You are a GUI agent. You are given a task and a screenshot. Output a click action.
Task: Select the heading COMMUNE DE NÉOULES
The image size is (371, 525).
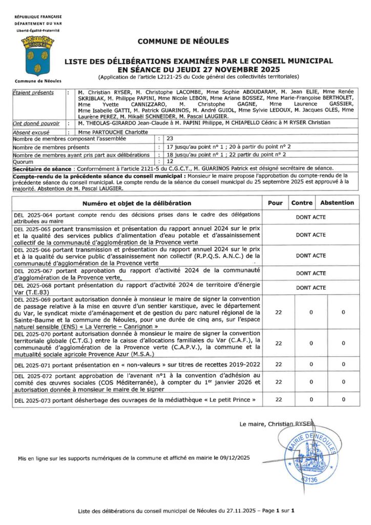click(x=183, y=41)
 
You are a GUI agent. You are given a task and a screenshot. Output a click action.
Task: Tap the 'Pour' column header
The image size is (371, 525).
click(x=275, y=203)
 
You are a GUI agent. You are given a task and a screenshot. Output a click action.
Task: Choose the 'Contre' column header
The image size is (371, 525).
click(x=302, y=203)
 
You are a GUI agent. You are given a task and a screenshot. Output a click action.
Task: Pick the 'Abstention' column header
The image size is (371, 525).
click(x=337, y=203)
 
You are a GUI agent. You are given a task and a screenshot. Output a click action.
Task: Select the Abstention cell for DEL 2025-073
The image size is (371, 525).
click(x=343, y=399)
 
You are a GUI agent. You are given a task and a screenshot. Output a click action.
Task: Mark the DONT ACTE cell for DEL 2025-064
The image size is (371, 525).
click(x=311, y=217)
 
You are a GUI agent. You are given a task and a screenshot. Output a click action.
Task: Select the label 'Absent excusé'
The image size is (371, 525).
click(x=32, y=132)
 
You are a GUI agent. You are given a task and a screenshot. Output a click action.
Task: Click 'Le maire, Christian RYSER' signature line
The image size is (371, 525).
click(x=276, y=424)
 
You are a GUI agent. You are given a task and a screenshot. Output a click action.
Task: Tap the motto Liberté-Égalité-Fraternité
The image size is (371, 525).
click(x=37, y=31)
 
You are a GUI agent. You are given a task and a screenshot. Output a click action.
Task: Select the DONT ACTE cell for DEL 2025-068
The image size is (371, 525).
click(x=311, y=288)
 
